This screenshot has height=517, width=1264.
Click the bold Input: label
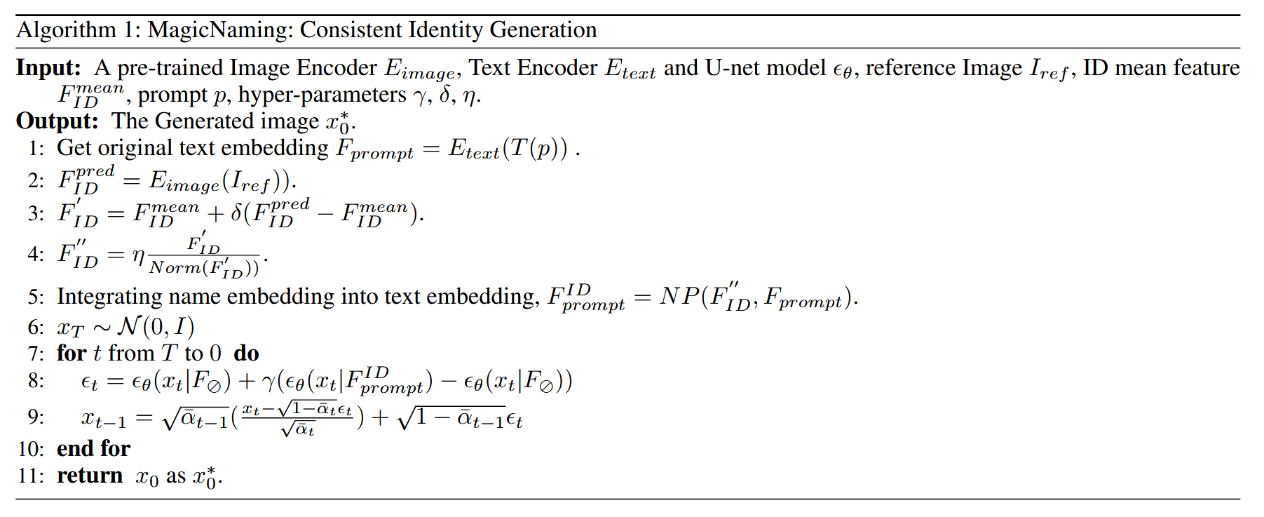click(x=48, y=68)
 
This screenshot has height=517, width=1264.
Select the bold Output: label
click(x=57, y=121)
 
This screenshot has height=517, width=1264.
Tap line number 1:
click(x=36, y=148)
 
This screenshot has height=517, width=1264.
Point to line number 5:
click(x=36, y=296)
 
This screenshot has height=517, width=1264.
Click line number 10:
click(x=31, y=448)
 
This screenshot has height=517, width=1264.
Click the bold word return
click(x=90, y=476)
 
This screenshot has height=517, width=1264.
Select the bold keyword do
click(x=247, y=353)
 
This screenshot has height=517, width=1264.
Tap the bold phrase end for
click(x=93, y=448)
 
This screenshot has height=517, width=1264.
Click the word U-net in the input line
click(x=733, y=68)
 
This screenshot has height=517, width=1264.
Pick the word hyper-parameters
click(x=322, y=95)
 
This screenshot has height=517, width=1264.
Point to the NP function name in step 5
click(x=679, y=297)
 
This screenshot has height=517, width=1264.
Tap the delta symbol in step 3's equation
click(x=236, y=213)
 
